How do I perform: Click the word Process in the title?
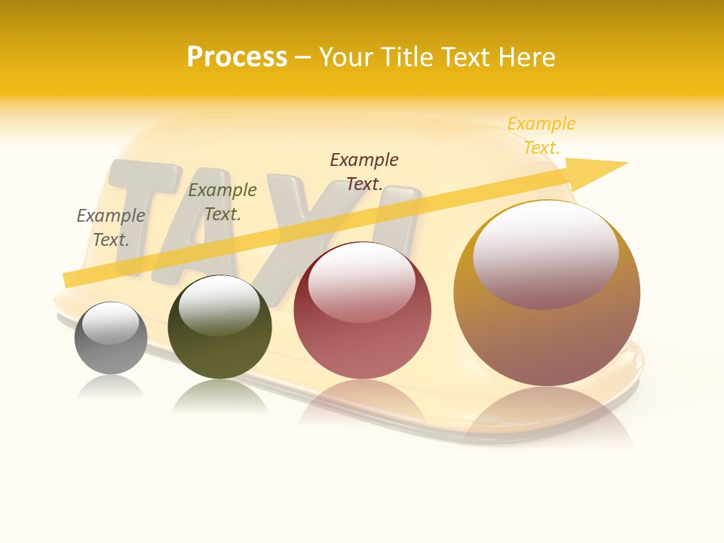[237, 57]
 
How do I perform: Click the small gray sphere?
[111, 351]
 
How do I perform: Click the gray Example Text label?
[111, 227]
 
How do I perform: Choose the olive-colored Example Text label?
[222, 202]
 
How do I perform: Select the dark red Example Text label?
[364, 171]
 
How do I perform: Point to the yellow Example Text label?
[541, 136]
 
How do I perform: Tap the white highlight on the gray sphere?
[110, 323]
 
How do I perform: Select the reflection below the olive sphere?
[219, 396]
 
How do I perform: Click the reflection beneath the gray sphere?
[111, 386]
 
